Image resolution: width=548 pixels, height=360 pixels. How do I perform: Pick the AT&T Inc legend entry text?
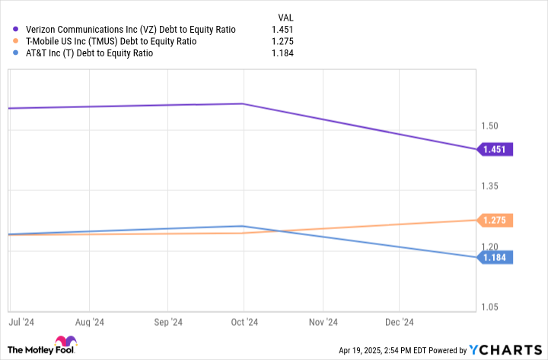point(90,53)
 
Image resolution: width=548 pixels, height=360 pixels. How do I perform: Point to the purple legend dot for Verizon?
point(14,29)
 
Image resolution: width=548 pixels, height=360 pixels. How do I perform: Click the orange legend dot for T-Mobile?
point(14,41)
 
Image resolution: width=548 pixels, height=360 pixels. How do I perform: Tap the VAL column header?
point(284,16)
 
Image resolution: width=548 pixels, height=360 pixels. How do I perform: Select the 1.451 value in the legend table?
point(282,29)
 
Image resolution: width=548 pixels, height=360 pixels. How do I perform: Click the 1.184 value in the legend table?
point(282,53)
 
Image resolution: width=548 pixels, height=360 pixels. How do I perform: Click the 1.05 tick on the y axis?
point(490,307)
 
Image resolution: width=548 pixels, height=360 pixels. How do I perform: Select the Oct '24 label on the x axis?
point(243,322)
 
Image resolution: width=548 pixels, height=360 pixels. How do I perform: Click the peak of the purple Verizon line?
point(242,104)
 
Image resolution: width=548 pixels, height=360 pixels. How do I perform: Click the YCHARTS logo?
point(504,350)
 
